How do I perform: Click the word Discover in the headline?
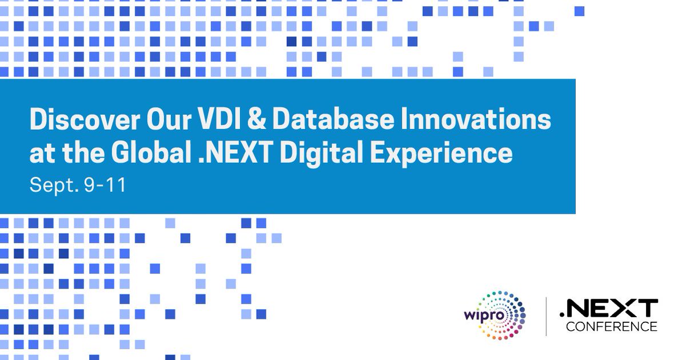click(x=76, y=121)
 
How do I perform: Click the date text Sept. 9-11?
click(x=77, y=186)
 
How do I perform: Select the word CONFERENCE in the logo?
click(x=611, y=326)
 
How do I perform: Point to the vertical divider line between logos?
click(x=546, y=316)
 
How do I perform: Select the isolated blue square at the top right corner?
click(x=579, y=11)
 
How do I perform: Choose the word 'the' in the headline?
click(x=82, y=153)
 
